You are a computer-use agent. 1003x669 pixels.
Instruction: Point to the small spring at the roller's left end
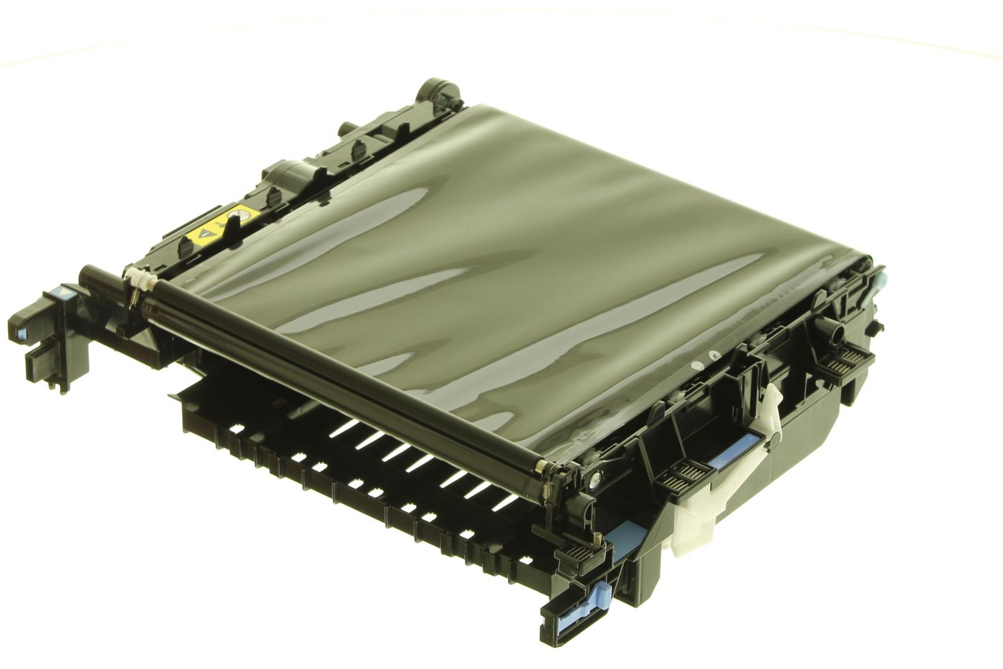(x=133, y=293)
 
